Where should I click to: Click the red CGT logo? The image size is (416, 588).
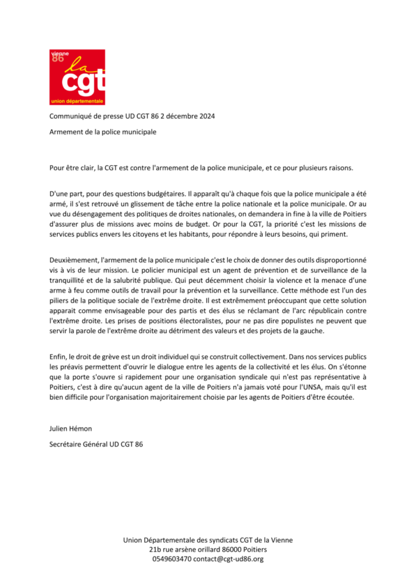pyautogui.click(x=78, y=77)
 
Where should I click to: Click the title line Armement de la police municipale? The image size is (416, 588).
pyautogui.click(x=102, y=131)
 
